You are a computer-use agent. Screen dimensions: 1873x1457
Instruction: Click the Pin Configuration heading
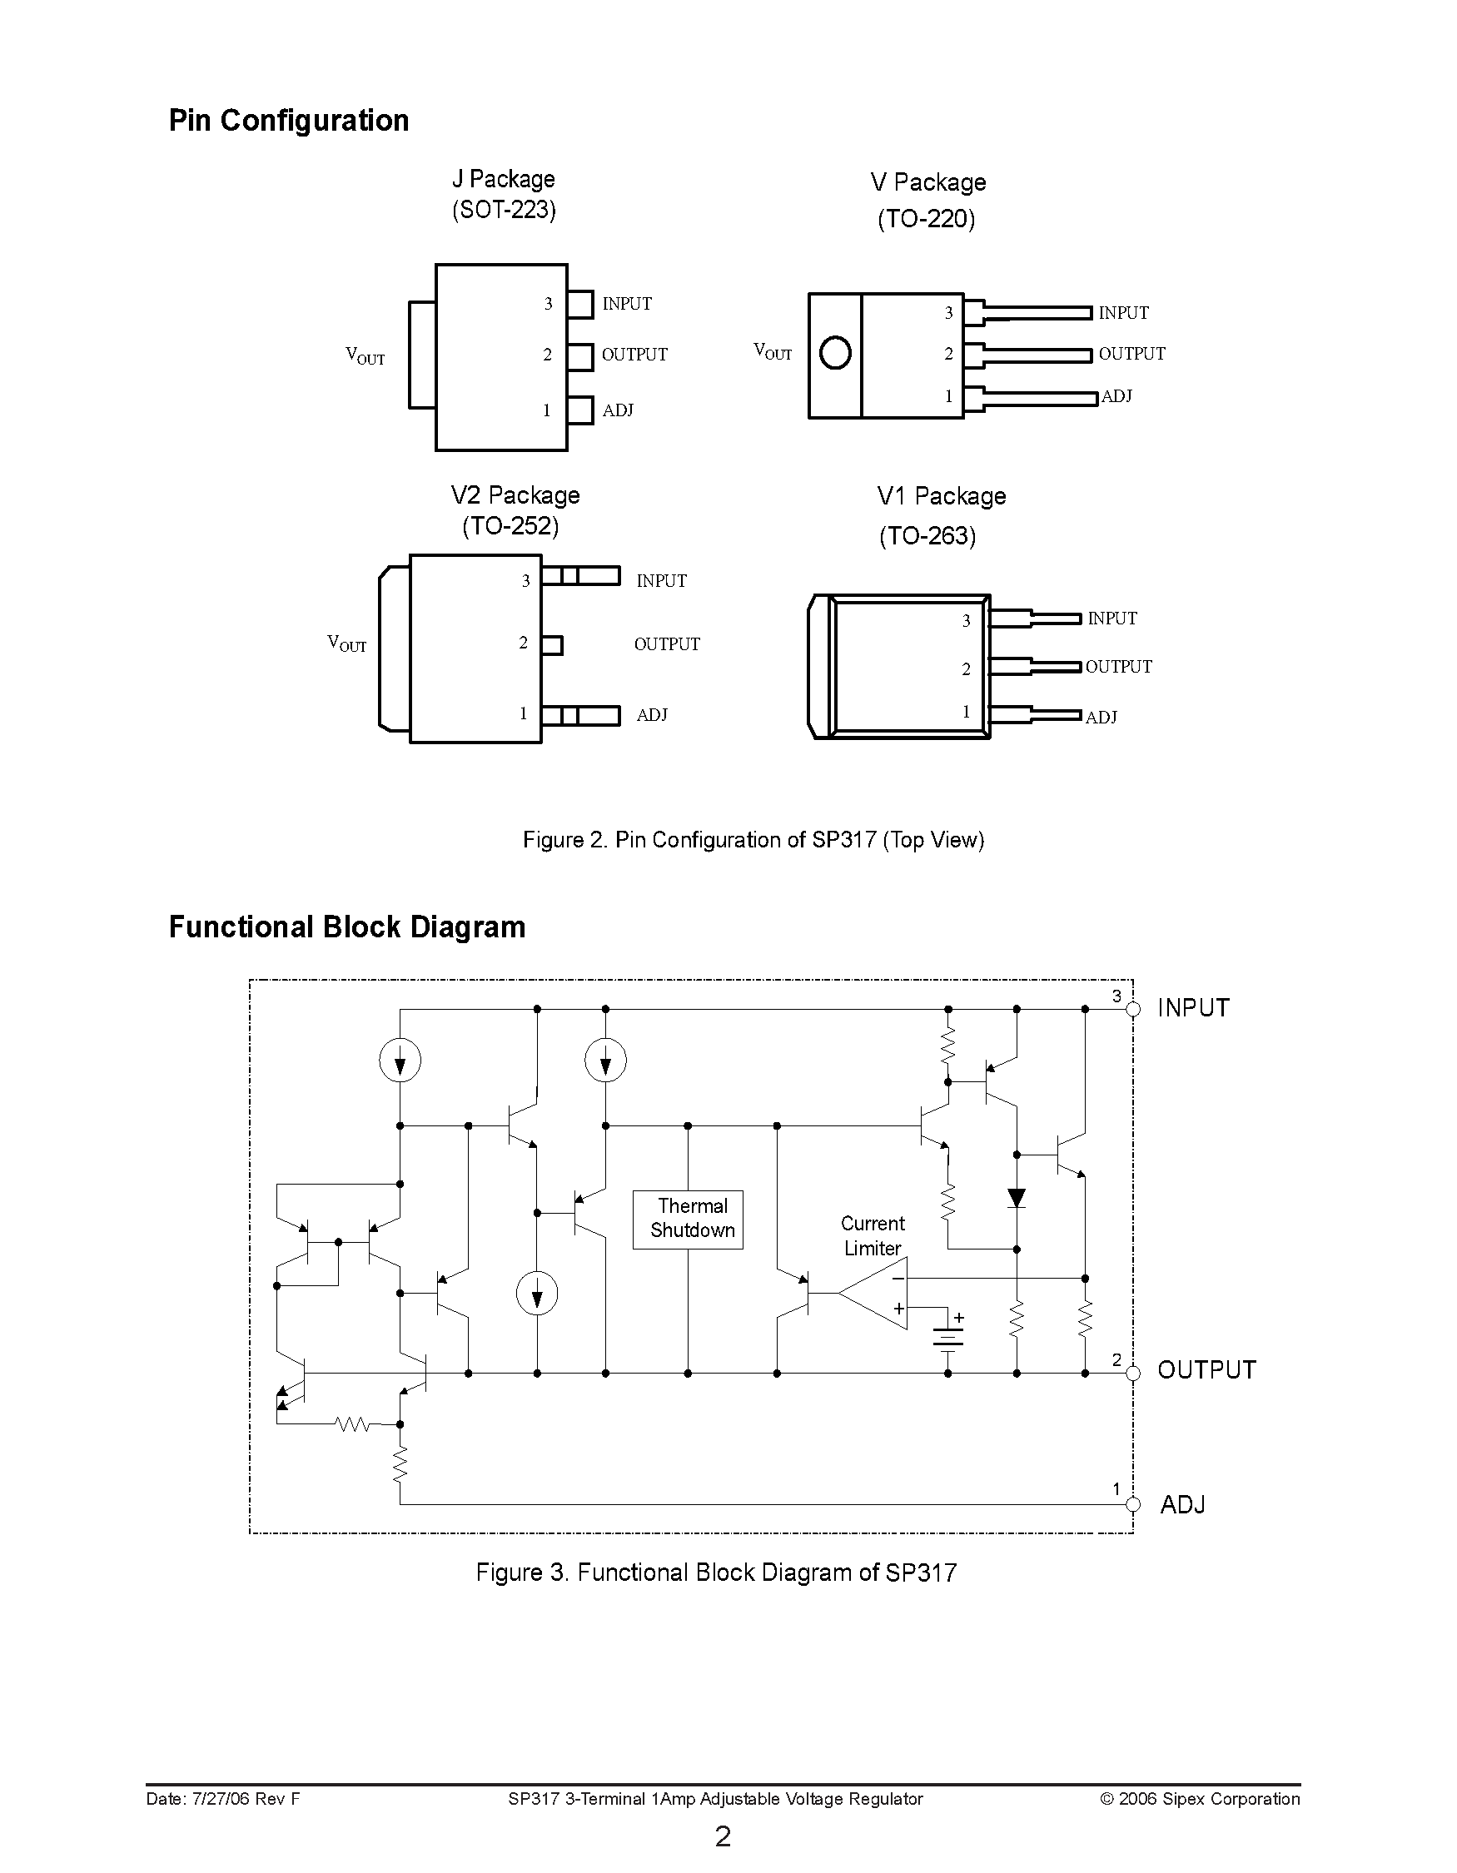288,120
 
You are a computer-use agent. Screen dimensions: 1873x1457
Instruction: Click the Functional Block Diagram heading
346,927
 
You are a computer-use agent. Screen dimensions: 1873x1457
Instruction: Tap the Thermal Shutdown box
688,1219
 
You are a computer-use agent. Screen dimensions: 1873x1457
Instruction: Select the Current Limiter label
873,1236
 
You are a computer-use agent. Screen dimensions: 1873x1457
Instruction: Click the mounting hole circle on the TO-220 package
834,353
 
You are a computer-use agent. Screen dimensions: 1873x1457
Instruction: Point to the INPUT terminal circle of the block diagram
1133,1010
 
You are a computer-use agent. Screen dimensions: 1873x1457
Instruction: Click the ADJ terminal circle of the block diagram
1133,1504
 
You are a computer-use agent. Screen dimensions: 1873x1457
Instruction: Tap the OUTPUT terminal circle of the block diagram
1133,1373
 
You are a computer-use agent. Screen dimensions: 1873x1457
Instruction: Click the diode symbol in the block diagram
1017,1198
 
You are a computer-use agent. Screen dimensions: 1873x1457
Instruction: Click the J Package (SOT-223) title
505,195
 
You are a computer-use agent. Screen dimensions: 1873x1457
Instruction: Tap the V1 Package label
941,496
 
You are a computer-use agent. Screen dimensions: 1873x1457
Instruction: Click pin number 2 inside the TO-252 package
523,643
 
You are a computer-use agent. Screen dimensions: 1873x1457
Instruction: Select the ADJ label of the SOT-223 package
618,410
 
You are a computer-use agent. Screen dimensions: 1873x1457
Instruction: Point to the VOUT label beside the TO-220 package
772,351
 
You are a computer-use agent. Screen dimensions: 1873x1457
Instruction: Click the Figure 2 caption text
753,840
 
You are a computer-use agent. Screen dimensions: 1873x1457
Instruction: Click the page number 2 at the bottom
723,1836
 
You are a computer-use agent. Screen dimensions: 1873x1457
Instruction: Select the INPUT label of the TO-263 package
1111,619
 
